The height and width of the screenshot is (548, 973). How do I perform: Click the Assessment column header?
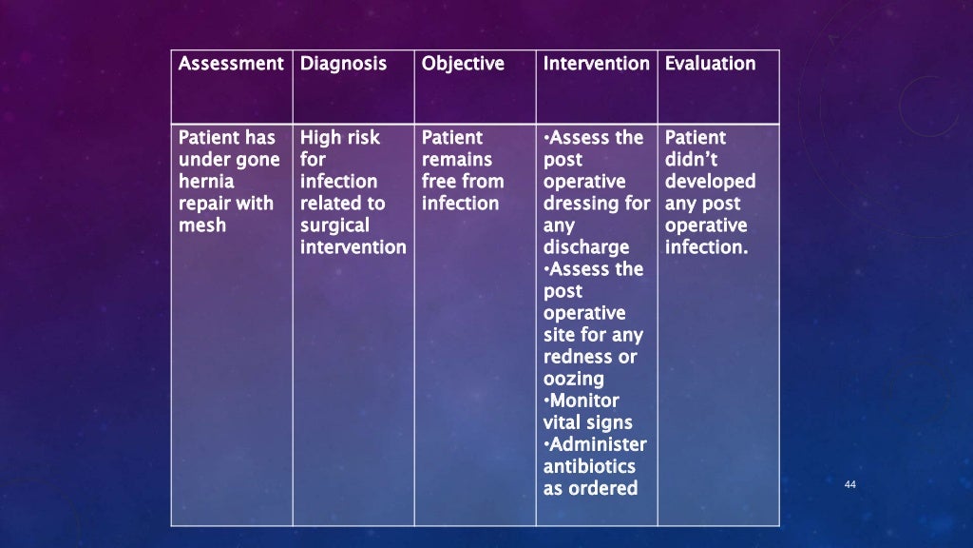pyautogui.click(x=231, y=64)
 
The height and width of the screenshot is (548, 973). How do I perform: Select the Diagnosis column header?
pyautogui.click(x=343, y=64)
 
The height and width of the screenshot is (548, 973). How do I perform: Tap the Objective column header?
pyautogui.click(x=462, y=64)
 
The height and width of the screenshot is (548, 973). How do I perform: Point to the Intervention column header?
pyautogui.click(x=596, y=64)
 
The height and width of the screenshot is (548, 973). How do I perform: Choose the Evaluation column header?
pyautogui.click(x=710, y=64)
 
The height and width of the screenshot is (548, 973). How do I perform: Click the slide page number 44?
pyautogui.click(x=849, y=486)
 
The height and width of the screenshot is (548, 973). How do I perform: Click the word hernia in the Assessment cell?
pyautogui.click(x=206, y=181)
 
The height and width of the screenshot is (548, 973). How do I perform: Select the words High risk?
pyautogui.click(x=339, y=138)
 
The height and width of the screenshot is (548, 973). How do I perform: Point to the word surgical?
pyautogui.click(x=334, y=225)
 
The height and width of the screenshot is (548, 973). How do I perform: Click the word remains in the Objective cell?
pyautogui.click(x=456, y=159)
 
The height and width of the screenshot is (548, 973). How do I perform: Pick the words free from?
pyautogui.click(x=462, y=181)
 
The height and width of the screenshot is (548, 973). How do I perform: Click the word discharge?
pyautogui.click(x=585, y=247)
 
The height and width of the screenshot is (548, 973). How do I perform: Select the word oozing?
pyautogui.click(x=573, y=379)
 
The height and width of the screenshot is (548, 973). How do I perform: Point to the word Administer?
pyautogui.click(x=597, y=444)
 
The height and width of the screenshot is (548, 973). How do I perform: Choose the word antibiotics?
pyautogui.click(x=589, y=466)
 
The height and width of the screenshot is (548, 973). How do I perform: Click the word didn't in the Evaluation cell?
pyautogui.click(x=691, y=159)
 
